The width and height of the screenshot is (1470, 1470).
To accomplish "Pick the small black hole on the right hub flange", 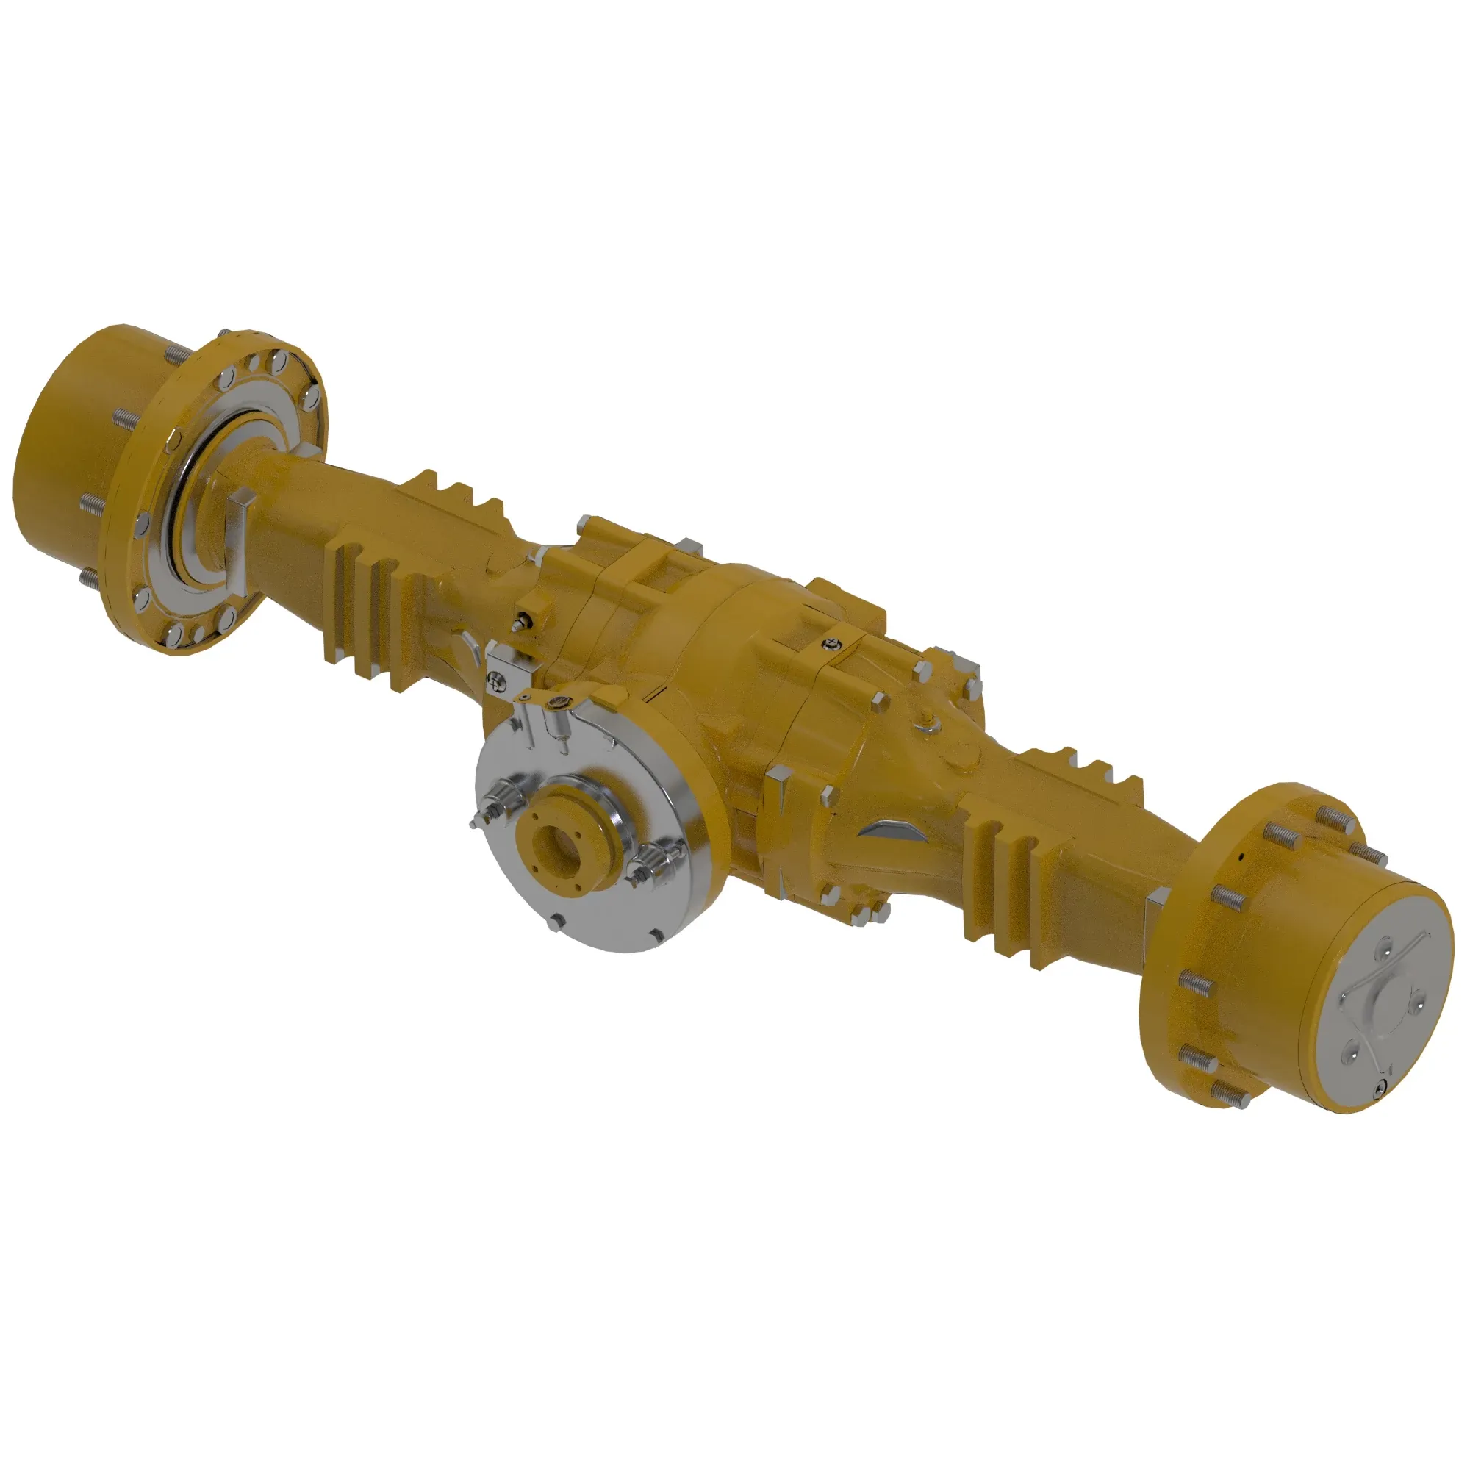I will (x=1241, y=857).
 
